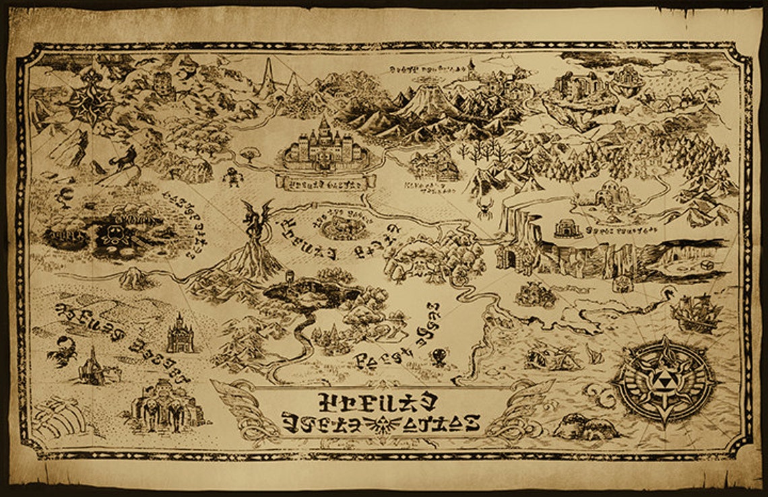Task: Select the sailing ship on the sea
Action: pos(694,311)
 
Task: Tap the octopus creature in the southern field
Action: pos(439,355)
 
